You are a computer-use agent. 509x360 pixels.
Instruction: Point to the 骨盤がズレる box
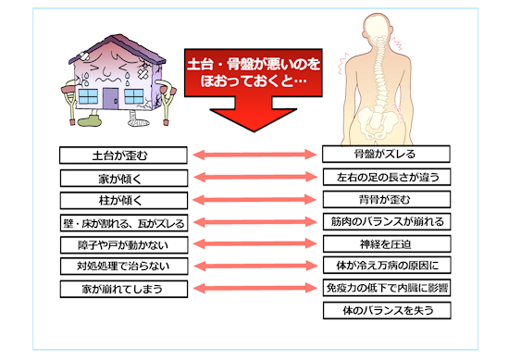pos(386,155)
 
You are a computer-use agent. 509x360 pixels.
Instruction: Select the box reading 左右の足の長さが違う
pos(386,177)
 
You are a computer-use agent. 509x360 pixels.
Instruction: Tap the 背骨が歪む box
pos(386,200)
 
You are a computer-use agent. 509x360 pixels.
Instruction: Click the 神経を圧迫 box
pos(386,244)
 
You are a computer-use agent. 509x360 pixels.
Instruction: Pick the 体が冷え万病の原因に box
pos(386,267)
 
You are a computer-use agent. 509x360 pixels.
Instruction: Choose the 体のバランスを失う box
pos(386,310)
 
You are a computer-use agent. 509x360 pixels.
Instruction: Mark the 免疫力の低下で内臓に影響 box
pos(386,288)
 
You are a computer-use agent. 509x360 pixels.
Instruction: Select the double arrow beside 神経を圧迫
pos(254,245)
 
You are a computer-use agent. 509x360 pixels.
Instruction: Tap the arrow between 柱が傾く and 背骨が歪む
pos(254,200)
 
